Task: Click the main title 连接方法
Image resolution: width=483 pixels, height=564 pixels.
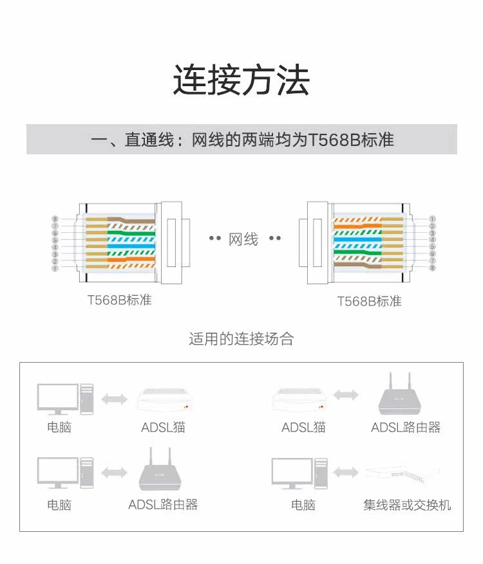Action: (x=241, y=80)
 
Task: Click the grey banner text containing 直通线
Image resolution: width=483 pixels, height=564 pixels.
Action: (x=242, y=140)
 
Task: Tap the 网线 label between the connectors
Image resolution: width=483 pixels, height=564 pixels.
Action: (x=243, y=239)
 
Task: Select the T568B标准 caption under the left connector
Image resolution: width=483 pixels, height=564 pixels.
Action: (x=120, y=300)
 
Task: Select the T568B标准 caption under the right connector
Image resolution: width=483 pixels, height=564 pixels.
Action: (x=369, y=301)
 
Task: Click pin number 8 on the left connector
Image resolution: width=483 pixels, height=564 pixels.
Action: (x=55, y=219)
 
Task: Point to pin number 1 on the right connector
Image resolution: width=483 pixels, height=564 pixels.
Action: (x=432, y=219)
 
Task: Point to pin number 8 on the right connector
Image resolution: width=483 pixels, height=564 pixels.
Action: (x=432, y=268)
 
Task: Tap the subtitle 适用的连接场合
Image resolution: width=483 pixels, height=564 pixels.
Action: (x=241, y=339)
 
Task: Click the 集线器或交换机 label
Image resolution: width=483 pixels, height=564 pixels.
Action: (x=407, y=505)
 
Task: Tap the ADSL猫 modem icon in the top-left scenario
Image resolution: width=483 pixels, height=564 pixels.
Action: (x=165, y=399)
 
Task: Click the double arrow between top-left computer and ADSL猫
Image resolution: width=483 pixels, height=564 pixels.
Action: (x=115, y=399)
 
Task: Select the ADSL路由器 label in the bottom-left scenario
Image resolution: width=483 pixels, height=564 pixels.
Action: (x=163, y=505)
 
